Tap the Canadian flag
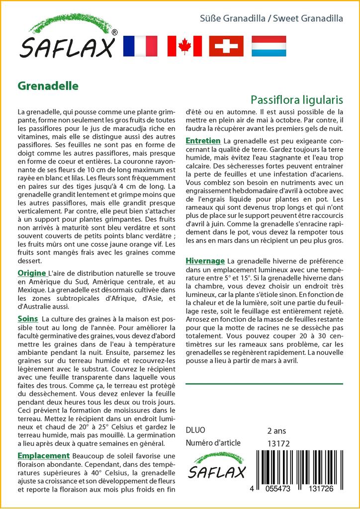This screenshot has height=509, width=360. point(184,46)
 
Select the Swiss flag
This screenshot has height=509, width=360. point(226,46)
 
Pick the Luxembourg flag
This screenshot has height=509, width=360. point(269,46)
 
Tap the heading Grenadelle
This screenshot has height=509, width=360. point(48,85)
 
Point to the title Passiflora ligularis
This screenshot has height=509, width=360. point(297,98)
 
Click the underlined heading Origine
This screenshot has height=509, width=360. point(32,273)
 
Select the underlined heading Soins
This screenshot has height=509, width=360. point(27,319)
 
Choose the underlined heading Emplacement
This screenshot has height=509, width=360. point(43,456)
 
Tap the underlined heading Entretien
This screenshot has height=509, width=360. point(203,141)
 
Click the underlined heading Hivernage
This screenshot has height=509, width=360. point(205,261)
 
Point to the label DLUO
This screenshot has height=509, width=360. point(195,430)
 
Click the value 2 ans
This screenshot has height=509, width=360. point(276,430)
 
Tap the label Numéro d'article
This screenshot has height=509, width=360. point(213,443)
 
